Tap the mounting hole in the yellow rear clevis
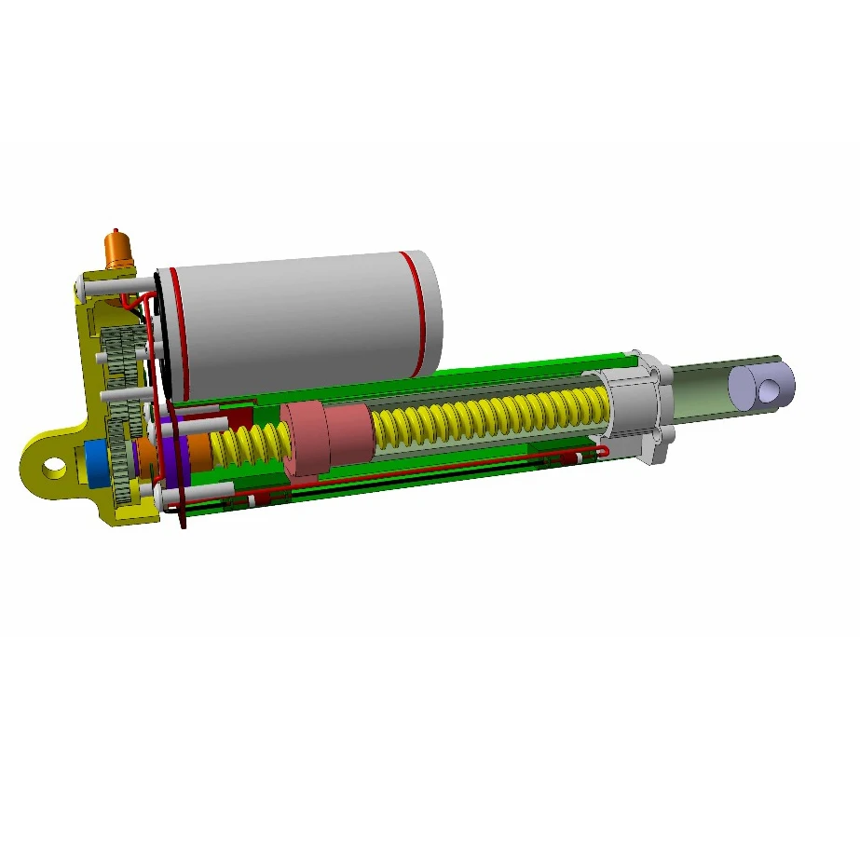54,465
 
